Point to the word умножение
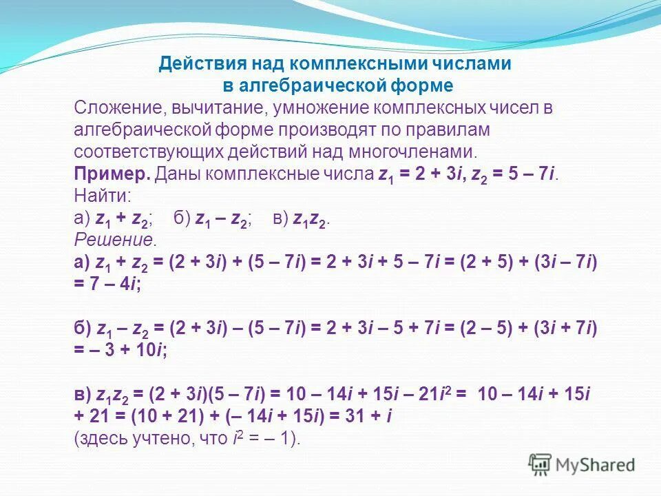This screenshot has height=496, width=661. pos(320,108)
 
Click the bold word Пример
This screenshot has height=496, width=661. pos(112,174)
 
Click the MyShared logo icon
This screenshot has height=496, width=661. pos(540,465)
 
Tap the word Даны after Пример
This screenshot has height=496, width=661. pos(177,174)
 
